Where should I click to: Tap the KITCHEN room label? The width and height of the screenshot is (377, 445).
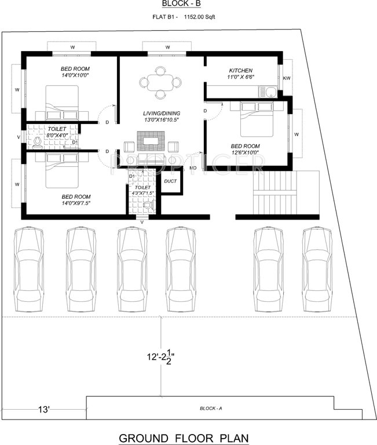[240, 71]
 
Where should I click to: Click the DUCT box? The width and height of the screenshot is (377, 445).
[171, 181]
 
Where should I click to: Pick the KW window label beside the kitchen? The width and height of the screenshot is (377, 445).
[286, 77]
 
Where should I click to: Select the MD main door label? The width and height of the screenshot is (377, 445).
[192, 168]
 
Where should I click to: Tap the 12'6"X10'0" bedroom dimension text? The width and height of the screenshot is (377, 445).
[244, 152]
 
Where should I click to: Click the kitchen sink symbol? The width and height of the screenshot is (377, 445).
[269, 90]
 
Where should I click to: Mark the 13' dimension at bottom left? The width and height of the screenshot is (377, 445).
[44, 410]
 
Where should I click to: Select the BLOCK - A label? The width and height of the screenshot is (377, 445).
[210, 408]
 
